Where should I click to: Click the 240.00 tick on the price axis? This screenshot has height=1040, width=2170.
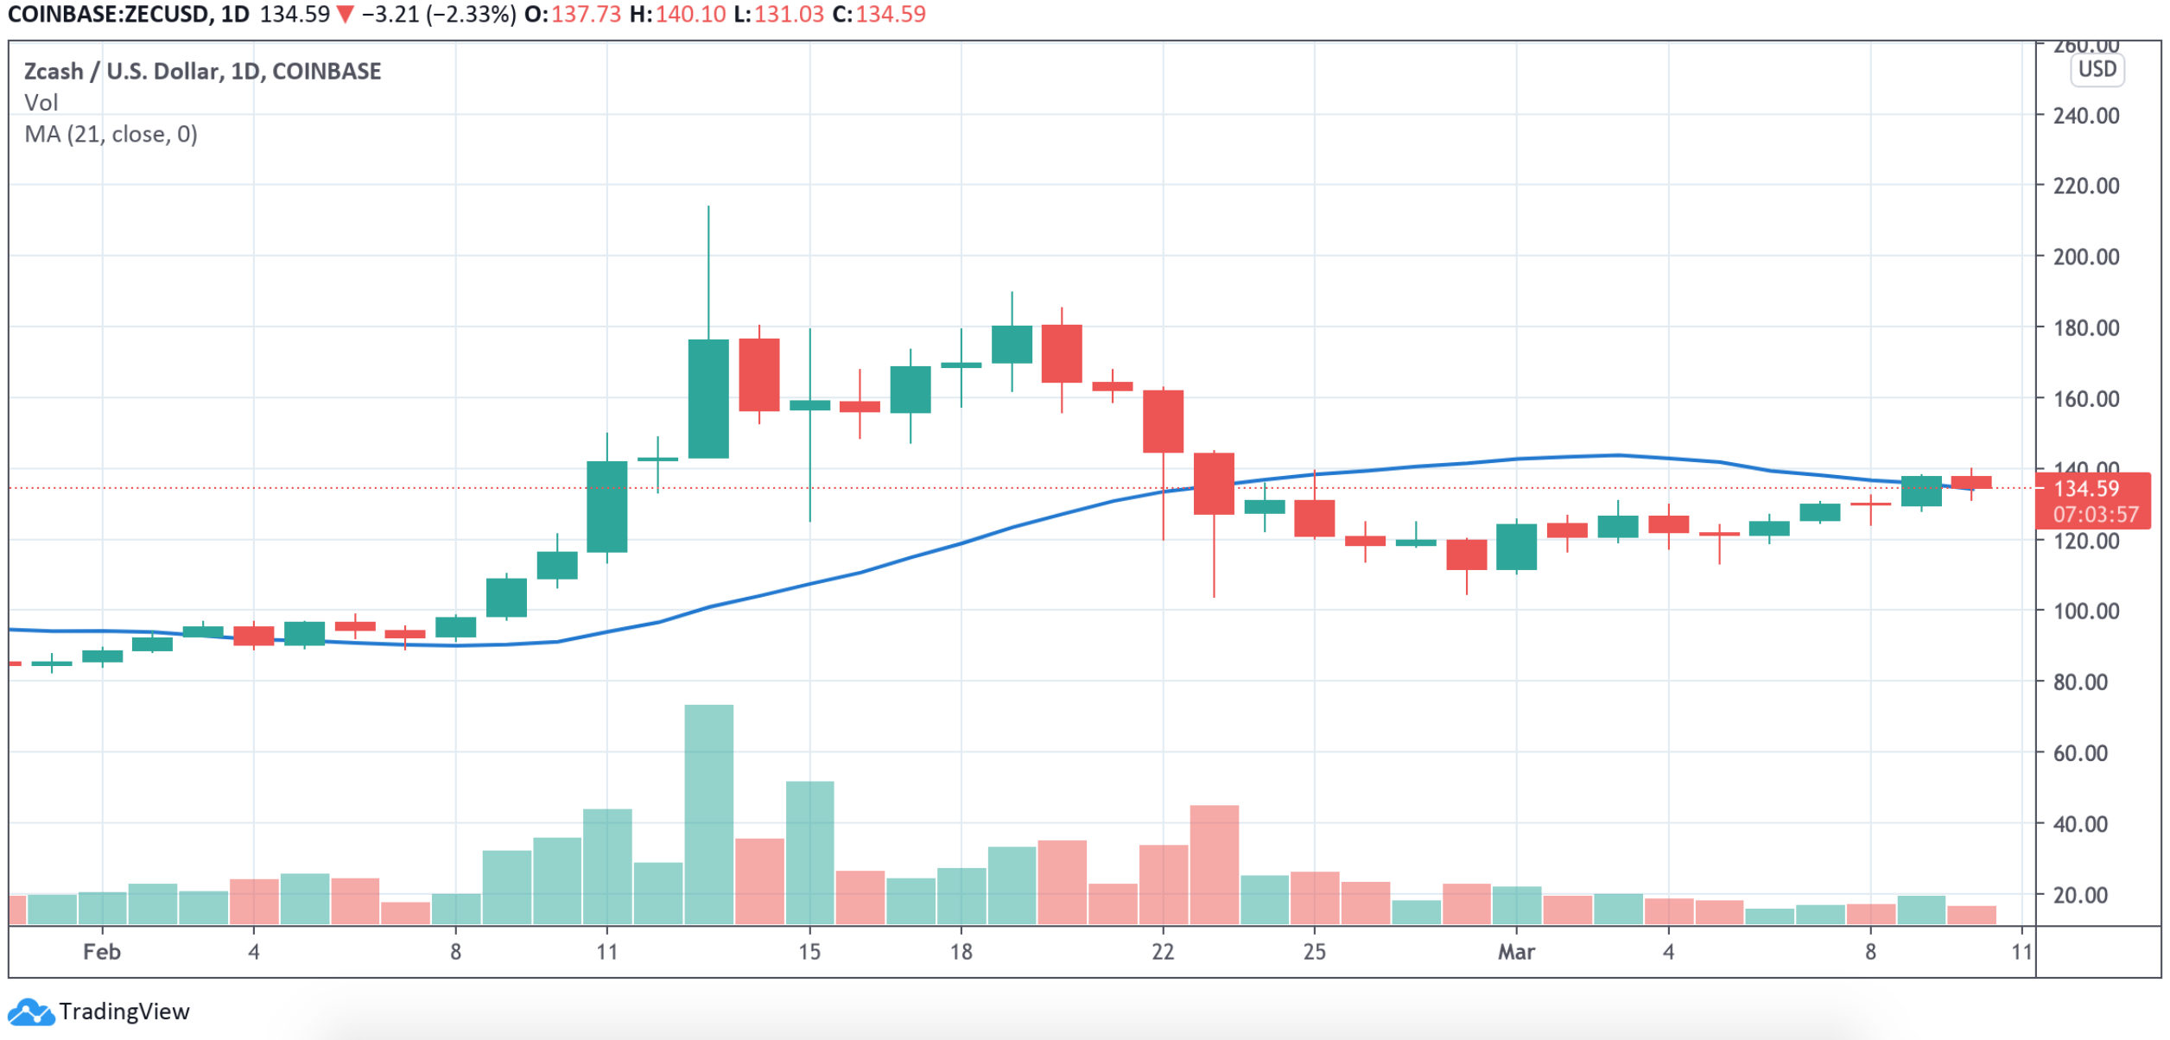pyautogui.click(x=2085, y=116)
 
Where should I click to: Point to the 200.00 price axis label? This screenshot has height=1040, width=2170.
pyautogui.click(x=2085, y=257)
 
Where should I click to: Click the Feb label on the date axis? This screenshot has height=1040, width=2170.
pyautogui.click(x=101, y=952)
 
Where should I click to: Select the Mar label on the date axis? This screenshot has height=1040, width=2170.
pyautogui.click(x=1516, y=952)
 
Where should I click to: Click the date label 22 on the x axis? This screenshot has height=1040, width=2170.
pyautogui.click(x=1163, y=952)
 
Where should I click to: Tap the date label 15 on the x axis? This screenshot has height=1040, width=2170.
pyautogui.click(x=809, y=952)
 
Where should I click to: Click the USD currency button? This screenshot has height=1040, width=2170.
pyautogui.click(x=2097, y=70)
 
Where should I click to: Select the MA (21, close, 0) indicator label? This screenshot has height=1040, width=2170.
pyautogui.click(x=111, y=135)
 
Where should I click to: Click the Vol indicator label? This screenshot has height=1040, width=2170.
pyautogui.click(x=41, y=103)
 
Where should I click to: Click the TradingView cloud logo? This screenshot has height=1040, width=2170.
pyautogui.click(x=31, y=1011)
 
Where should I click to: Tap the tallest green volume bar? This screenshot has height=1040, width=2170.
pyautogui.click(x=709, y=812)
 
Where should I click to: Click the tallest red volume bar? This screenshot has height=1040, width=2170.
pyautogui.click(x=1214, y=864)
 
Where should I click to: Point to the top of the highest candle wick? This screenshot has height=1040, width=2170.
pyautogui.click(x=708, y=206)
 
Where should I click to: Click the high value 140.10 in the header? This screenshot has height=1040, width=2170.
pyautogui.click(x=690, y=15)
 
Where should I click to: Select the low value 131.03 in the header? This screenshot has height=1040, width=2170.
pyautogui.click(x=789, y=15)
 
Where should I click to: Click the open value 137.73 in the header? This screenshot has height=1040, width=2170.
pyautogui.click(x=586, y=15)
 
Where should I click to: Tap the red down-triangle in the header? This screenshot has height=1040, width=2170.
pyautogui.click(x=346, y=15)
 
